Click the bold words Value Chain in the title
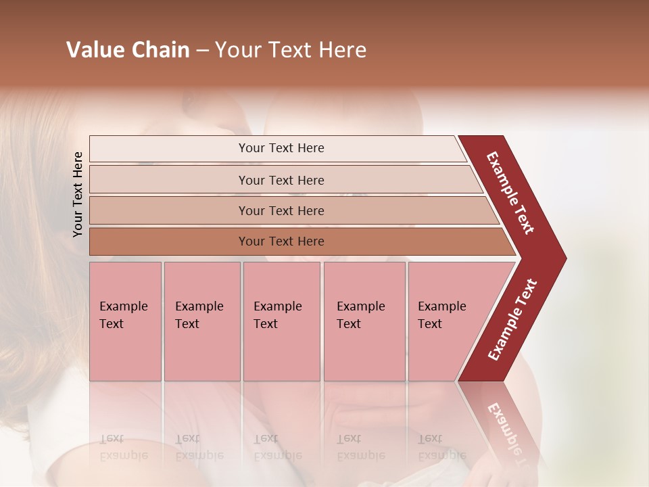click(x=128, y=50)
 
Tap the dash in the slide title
click(x=201, y=51)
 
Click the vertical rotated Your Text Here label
click(x=78, y=194)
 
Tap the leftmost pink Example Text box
click(x=125, y=321)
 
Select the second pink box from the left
click(x=201, y=321)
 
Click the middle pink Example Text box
click(x=281, y=321)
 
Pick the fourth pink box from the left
click(x=364, y=321)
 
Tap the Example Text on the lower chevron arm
click(x=512, y=319)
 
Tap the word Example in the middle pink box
click(x=277, y=306)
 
